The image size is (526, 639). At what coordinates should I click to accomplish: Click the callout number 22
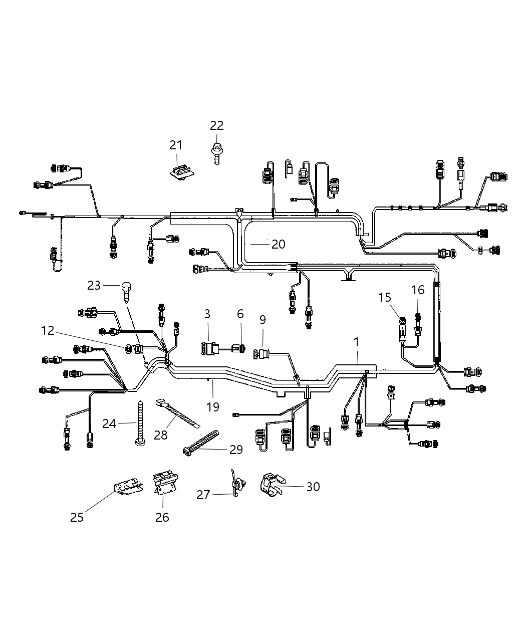pyautogui.click(x=216, y=125)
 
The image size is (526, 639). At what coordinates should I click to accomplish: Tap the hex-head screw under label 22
pyautogui.click(x=216, y=152)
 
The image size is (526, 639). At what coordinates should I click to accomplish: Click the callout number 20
pyautogui.click(x=278, y=244)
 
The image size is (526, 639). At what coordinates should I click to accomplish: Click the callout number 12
pyautogui.click(x=48, y=331)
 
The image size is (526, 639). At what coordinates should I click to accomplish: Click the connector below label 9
pyautogui.click(x=262, y=354)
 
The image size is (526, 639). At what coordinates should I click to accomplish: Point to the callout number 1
pyautogui.click(x=356, y=342)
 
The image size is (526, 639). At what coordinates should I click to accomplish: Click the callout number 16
pyautogui.click(x=418, y=289)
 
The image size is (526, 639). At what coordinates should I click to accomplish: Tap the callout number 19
pyautogui.click(x=213, y=406)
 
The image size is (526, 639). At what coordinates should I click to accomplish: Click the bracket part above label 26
pyautogui.click(x=164, y=483)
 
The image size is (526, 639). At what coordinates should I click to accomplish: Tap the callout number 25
pyautogui.click(x=77, y=517)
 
